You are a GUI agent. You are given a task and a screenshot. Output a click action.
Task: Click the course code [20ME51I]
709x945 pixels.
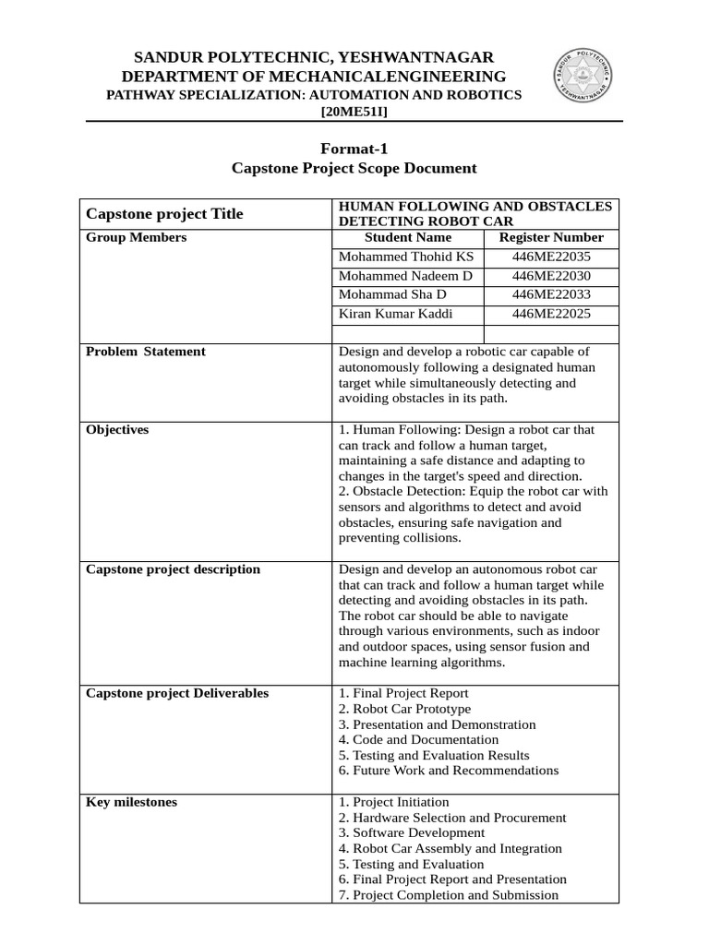[x=354, y=112]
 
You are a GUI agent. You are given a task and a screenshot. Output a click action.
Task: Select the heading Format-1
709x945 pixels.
[x=354, y=148]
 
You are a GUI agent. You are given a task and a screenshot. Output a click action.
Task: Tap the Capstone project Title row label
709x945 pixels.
[x=164, y=214]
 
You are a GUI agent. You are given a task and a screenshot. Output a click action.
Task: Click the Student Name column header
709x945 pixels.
[x=407, y=237]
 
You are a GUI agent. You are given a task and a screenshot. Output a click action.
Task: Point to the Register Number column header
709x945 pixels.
[x=551, y=237]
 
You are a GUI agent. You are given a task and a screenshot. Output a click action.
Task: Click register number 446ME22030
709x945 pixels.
[x=551, y=276]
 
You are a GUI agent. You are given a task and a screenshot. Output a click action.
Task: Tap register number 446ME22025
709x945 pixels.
[x=551, y=315]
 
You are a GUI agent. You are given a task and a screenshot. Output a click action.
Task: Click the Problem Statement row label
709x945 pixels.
[x=145, y=352]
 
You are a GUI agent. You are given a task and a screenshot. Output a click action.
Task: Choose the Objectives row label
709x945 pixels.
[x=117, y=430]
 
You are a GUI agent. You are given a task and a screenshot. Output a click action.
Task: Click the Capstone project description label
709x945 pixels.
[x=173, y=569]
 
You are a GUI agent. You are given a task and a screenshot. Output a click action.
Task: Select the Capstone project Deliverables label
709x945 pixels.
[x=177, y=693]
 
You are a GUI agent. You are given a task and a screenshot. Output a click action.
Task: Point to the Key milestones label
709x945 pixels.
[x=131, y=802]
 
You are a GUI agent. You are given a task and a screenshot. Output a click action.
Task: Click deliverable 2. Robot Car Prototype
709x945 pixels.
[x=404, y=709]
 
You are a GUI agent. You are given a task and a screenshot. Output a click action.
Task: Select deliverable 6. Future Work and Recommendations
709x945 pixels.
[x=449, y=771]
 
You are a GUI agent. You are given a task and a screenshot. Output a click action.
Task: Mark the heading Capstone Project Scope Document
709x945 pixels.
[x=354, y=168]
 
